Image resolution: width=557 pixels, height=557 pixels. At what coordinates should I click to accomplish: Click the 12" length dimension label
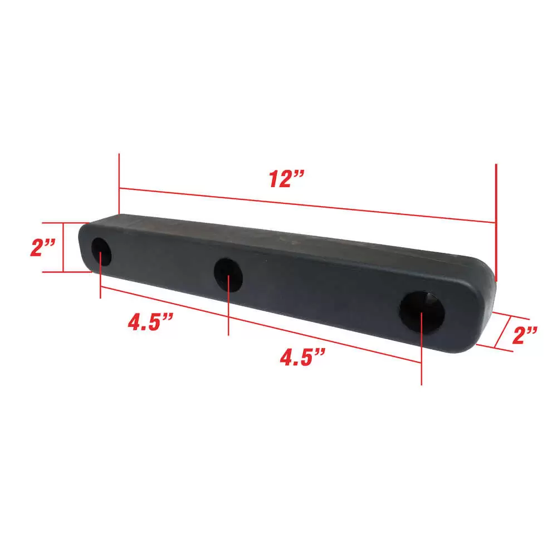coord(286,179)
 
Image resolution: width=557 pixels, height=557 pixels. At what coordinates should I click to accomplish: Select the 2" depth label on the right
coord(524,335)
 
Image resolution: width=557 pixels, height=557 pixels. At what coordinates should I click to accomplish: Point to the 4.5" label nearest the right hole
coord(302,357)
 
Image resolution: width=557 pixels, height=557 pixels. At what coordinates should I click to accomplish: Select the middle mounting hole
coord(228,273)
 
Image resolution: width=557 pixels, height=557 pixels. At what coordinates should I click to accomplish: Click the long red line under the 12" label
coord(306,205)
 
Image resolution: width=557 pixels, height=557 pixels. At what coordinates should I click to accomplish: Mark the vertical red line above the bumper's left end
coord(119,184)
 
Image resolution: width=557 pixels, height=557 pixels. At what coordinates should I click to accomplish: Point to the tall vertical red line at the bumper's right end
coord(495,223)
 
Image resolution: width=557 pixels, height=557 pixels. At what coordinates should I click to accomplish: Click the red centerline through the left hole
coord(100,278)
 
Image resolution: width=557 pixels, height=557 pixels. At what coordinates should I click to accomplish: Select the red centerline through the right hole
coord(421,356)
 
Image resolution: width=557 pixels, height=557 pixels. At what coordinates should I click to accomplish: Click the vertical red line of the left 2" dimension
coord(63,248)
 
